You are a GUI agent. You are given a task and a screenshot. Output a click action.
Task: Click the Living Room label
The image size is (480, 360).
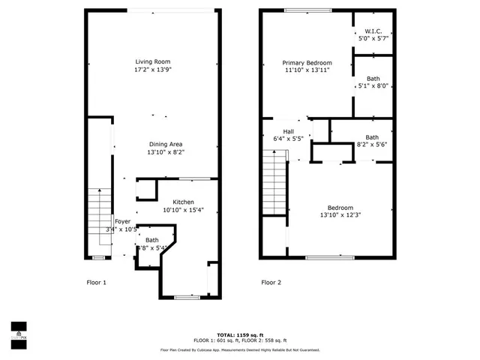(x=153, y=61)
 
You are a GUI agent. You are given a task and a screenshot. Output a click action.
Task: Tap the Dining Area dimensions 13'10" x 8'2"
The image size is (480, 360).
(x=165, y=152)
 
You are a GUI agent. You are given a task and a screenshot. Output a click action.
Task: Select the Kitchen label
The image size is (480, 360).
(x=184, y=202)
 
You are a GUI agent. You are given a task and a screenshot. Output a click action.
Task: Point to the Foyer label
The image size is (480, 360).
(x=122, y=221)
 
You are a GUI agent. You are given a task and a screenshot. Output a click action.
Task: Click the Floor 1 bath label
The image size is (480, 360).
(x=152, y=240)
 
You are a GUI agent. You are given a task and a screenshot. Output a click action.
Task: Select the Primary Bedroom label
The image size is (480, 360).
(x=307, y=62)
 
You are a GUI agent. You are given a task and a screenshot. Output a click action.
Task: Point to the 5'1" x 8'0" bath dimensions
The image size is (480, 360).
(x=373, y=85)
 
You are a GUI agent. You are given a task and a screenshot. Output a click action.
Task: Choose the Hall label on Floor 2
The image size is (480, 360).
(x=288, y=130)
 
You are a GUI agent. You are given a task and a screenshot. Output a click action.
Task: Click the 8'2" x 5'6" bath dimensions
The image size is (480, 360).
(x=372, y=145)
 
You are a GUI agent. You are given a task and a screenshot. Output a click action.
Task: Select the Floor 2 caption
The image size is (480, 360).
(x=271, y=283)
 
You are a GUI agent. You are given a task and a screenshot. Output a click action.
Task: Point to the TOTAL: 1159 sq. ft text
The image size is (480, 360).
(x=240, y=334)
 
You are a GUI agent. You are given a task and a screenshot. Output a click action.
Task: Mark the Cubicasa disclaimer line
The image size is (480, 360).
(x=240, y=350)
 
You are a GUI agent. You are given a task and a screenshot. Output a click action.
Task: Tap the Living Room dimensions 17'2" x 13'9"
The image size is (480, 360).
(x=153, y=70)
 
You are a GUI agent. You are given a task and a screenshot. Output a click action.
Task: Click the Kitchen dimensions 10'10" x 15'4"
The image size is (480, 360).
(x=184, y=210)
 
